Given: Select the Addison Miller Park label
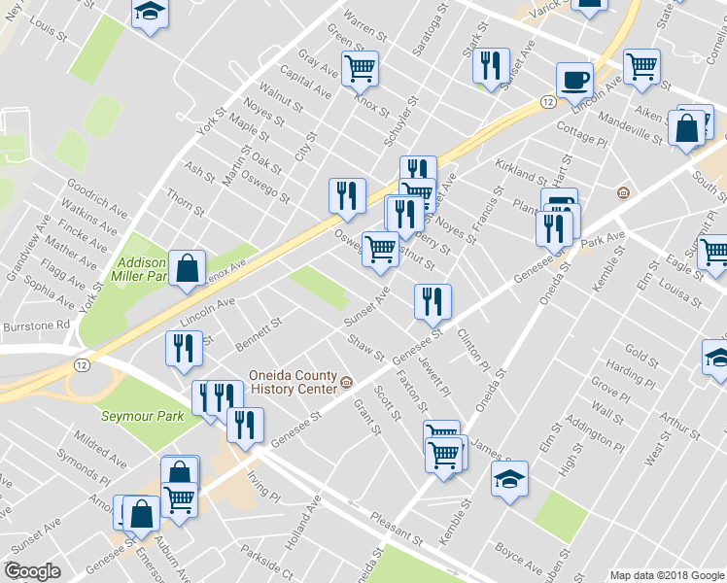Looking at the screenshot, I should tap(142, 269).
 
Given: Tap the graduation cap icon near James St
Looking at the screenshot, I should tap(509, 479).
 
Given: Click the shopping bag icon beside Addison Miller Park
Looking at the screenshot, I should tap(187, 267).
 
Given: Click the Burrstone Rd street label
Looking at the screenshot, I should tap(36, 325).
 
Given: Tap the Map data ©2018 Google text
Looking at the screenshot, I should tap(666, 575).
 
